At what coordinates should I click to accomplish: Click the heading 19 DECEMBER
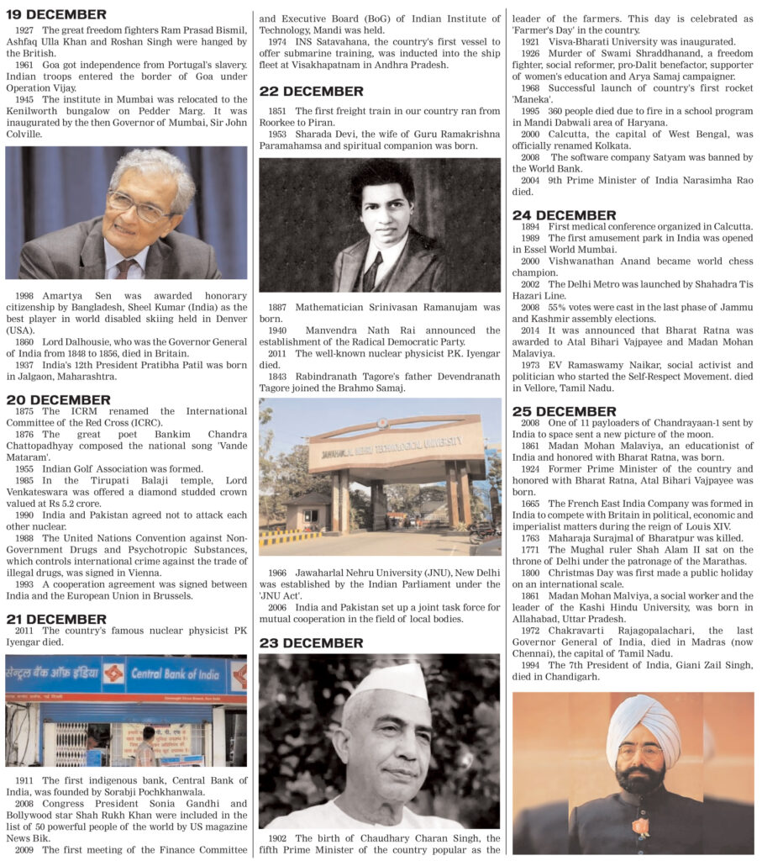point(56,14)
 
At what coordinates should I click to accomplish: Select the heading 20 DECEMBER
point(58,399)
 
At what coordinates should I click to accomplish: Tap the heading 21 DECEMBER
point(56,619)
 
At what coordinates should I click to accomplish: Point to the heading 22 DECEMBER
point(311,91)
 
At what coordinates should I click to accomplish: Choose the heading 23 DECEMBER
point(311,642)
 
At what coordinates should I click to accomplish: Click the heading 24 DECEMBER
point(564,214)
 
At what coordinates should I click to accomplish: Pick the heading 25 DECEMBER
point(564,411)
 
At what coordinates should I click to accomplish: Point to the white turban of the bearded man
point(644,718)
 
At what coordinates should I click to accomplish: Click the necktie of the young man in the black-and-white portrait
point(373,271)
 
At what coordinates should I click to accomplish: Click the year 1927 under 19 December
point(26,30)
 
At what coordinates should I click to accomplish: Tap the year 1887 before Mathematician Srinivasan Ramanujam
point(280,308)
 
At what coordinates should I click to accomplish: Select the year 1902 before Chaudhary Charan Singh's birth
point(280,838)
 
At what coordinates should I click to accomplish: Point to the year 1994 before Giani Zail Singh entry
point(531,665)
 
